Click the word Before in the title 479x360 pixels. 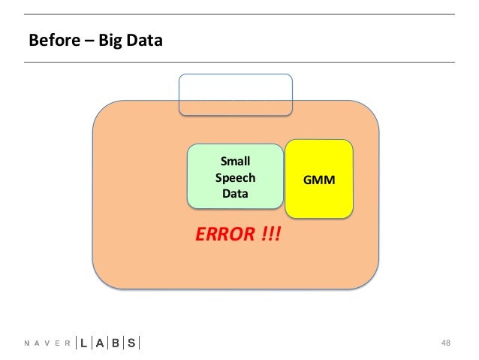[51, 40]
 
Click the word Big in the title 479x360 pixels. [106, 40]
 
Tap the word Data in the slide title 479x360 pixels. [143, 40]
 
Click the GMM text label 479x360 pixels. [319, 181]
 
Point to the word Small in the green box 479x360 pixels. [235, 161]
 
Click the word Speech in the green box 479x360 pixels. [235, 178]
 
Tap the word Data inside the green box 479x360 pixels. [235, 195]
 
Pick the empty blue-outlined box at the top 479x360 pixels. [235, 94]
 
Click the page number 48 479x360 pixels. [446, 343]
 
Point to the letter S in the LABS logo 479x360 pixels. [132, 343]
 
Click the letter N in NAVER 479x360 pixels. [27, 344]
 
